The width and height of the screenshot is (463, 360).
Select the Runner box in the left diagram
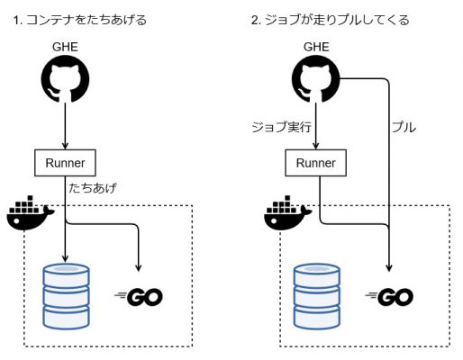66,163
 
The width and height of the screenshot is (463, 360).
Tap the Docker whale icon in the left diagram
30,214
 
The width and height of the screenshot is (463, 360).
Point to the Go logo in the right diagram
388,294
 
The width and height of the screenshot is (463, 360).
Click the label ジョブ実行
283,129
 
